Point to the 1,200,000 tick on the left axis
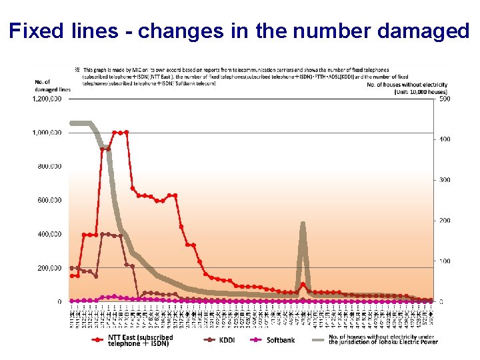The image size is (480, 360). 47,99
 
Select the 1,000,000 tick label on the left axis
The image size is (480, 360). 47,133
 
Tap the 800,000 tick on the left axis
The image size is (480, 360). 50,166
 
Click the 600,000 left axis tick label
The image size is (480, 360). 50,200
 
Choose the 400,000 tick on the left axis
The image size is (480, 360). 50,234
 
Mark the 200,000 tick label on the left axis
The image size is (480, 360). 50,268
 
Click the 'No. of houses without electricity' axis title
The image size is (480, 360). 407,85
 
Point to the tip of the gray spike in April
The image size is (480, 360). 303,224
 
